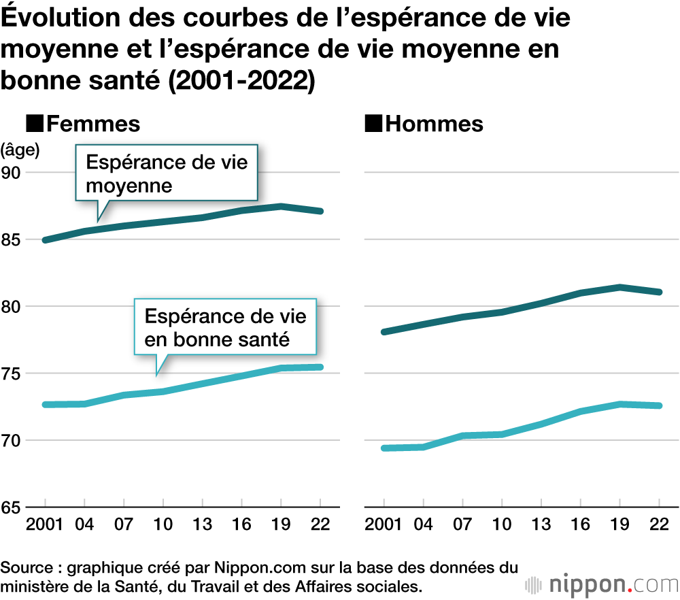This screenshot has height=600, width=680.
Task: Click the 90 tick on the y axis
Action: coord(14,173)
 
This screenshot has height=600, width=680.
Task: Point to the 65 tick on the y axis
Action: coord(14,507)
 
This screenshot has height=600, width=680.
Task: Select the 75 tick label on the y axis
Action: coord(14,373)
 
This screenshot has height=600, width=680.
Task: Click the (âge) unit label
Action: coord(20,149)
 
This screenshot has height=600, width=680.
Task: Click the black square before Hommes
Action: coord(373,124)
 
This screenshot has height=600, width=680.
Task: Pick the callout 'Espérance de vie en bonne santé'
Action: coord(225,327)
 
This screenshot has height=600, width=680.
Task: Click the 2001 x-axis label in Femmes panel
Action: coord(45,524)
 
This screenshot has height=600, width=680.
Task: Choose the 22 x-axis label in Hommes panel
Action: coord(659,524)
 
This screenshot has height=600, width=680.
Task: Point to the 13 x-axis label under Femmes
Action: coord(202,524)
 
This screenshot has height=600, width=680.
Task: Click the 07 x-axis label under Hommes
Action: coord(463,524)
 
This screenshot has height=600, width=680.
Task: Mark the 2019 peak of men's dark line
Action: coord(619,287)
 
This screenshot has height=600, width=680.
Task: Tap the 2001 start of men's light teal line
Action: coord(385,448)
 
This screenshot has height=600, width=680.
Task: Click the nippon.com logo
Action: coord(602,584)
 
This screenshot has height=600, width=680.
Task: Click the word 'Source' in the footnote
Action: coord(24,567)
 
